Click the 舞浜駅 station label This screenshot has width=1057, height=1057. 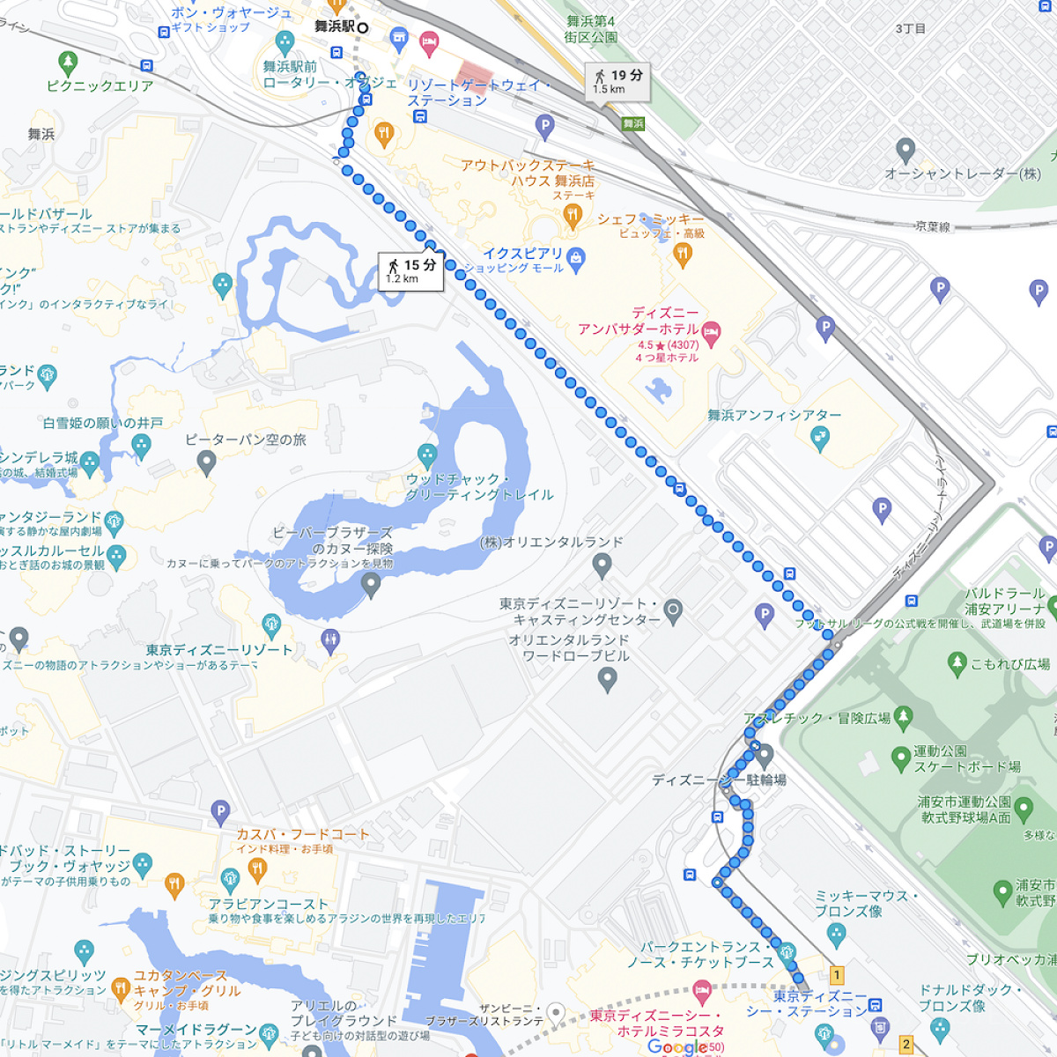click(x=335, y=27)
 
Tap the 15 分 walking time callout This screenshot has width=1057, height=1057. click(x=411, y=270)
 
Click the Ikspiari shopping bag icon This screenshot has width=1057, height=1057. click(x=576, y=258)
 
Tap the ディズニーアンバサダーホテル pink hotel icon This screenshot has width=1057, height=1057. click(x=712, y=332)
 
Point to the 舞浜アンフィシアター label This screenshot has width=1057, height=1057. click(x=774, y=415)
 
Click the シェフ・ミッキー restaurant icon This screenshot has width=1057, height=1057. click(x=682, y=255)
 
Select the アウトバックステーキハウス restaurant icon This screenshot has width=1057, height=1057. click(x=573, y=215)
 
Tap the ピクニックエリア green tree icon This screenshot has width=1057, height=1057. click(x=68, y=63)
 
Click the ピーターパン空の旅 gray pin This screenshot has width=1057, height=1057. click(x=206, y=462)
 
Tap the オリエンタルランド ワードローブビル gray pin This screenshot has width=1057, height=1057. click(x=607, y=679)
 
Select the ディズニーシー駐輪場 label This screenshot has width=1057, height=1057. click(x=719, y=780)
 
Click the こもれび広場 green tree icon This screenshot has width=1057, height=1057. click(x=957, y=663)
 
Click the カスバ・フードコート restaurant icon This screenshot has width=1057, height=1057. click(x=257, y=870)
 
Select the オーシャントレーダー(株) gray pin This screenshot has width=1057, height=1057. click(x=905, y=150)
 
